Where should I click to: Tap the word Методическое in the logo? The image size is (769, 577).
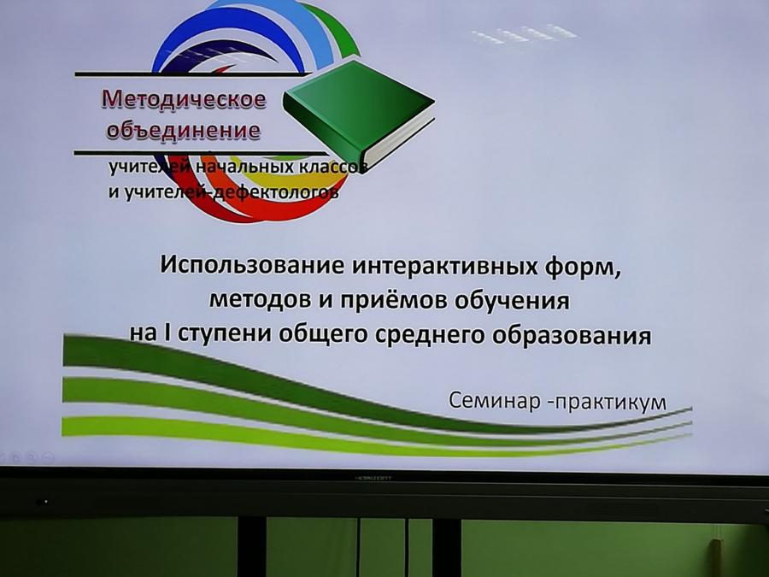(x=184, y=99)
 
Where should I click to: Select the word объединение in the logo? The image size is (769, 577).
(x=184, y=130)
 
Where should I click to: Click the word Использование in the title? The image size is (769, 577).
(x=253, y=266)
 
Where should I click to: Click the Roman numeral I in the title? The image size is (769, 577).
(x=167, y=333)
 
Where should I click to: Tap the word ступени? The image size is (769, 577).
(x=225, y=334)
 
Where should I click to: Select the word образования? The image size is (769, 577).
(x=572, y=336)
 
